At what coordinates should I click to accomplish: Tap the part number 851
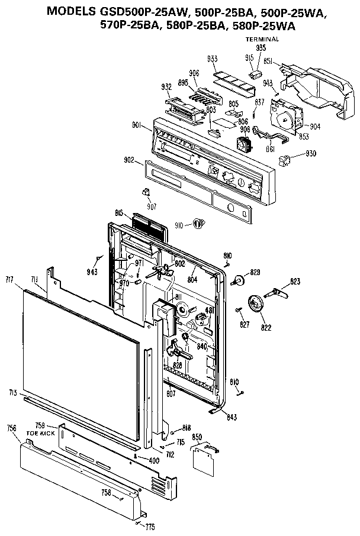pyautogui.click(x=268, y=60)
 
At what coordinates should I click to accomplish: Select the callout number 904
pyautogui.click(x=314, y=126)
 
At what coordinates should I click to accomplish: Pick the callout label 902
pyautogui.click(x=128, y=160)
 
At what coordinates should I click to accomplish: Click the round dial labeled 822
pyautogui.click(x=256, y=304)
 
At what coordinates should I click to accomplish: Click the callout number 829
pyautogui.click(x=255, y=272)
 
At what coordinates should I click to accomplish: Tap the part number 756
pyautogui.click(x=11, y=428)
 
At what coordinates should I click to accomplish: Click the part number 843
pyautogui.click(x=232, y=418)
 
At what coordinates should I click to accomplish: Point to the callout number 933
pyautogui.click(x=212, y=59)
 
